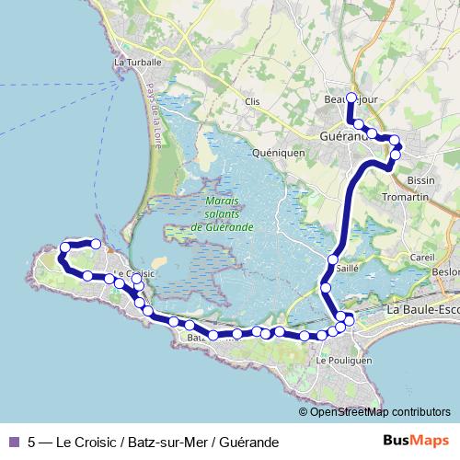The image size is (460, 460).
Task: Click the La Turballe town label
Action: click(x=137, y=63)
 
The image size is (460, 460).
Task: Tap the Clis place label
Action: click(x=255, y=102)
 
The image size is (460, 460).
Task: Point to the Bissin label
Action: click(x=420, y=181)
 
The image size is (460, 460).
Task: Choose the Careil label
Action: click(x=422, y=258)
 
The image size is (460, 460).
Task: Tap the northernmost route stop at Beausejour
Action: click(x=351, y=97)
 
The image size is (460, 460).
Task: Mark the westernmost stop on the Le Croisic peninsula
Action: click(x=65, y=247)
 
